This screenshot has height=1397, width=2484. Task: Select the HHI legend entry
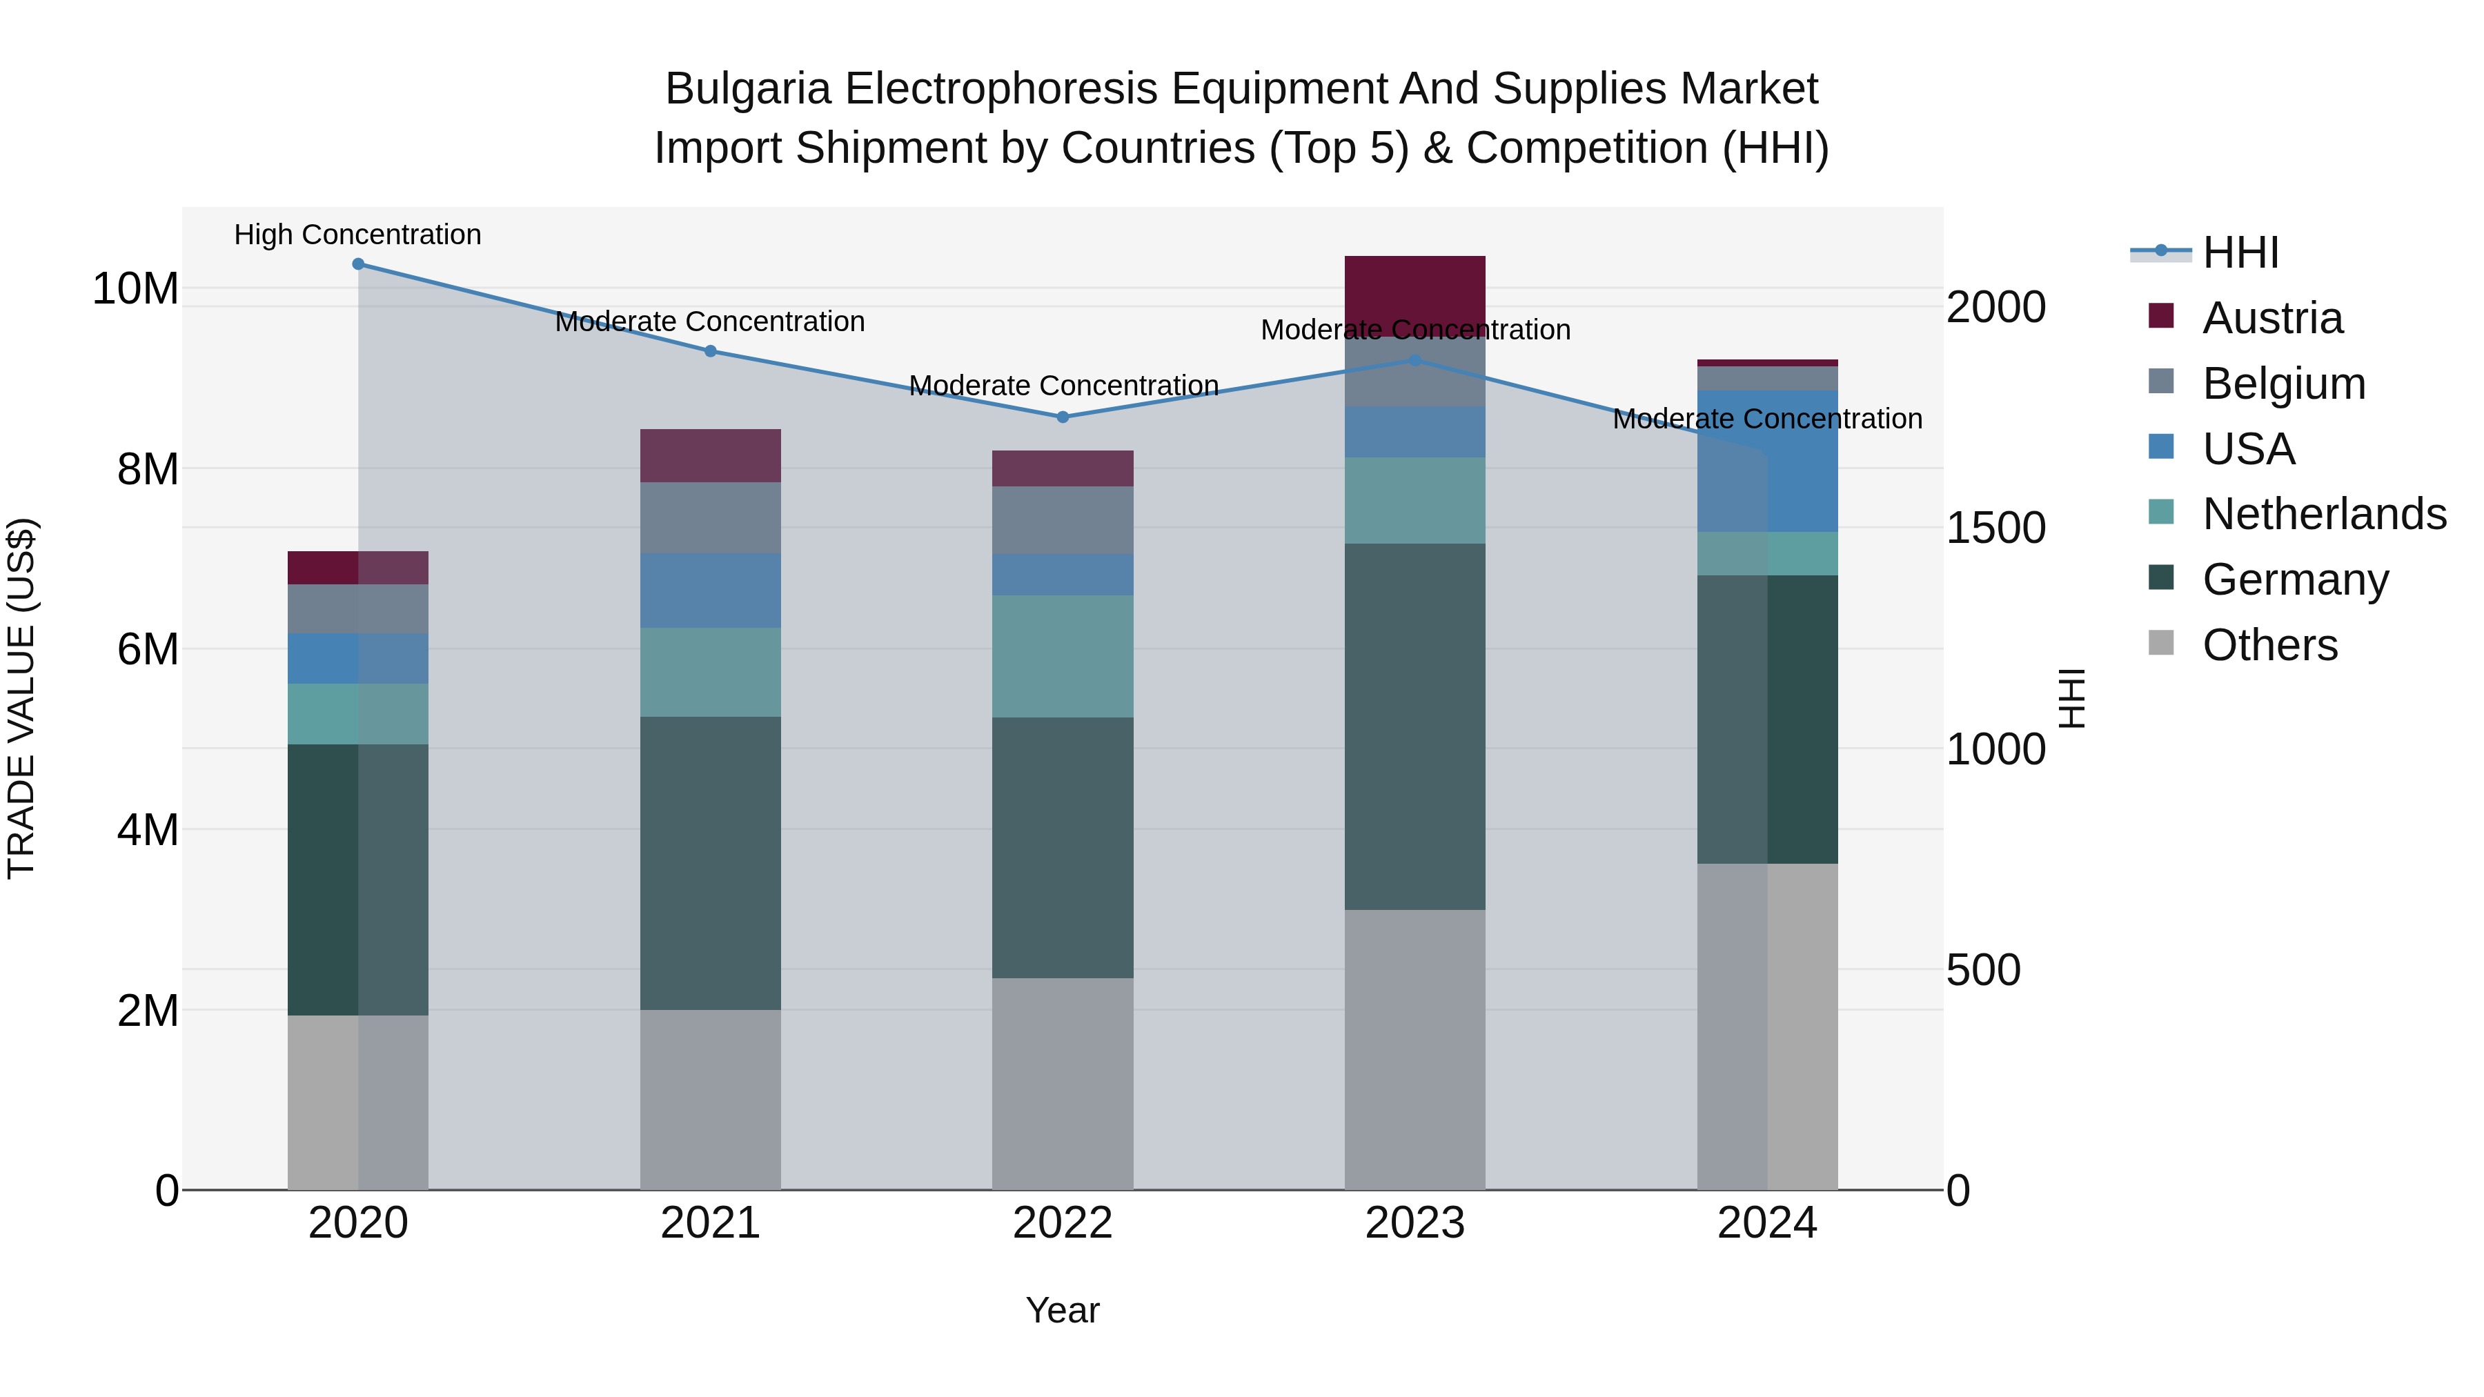coord(2240,252)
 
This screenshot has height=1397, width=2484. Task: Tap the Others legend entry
coord(2269,645)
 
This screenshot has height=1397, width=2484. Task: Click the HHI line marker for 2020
coord(357,264)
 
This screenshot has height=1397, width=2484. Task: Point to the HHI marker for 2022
coord(1063,417)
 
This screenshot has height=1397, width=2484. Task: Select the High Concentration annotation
coord(357,235)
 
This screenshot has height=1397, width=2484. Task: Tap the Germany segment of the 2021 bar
coord(711,863)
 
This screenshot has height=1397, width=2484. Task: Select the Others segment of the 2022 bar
coord(1063,1084)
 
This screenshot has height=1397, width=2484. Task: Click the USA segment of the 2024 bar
coord(1768,461)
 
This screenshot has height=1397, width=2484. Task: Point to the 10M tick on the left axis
coord(135,288)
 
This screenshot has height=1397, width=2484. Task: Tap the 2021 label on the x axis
coord(711,1223)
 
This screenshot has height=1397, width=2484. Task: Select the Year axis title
coord(1063,1310)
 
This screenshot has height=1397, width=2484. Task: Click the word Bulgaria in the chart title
coord(747,89)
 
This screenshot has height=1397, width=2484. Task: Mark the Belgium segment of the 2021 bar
coord(711,517)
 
